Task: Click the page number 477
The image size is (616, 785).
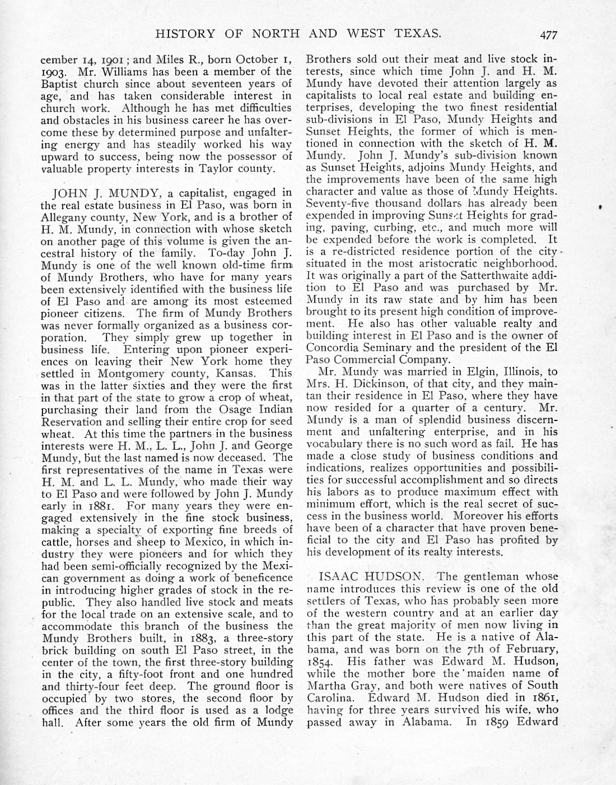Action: pyautogui.click(x=548, y=34)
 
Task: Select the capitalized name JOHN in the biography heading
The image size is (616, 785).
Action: pyautogui.click(x=69, y=193)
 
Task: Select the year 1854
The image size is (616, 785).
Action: pyautogui.click(x=320, y=661)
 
